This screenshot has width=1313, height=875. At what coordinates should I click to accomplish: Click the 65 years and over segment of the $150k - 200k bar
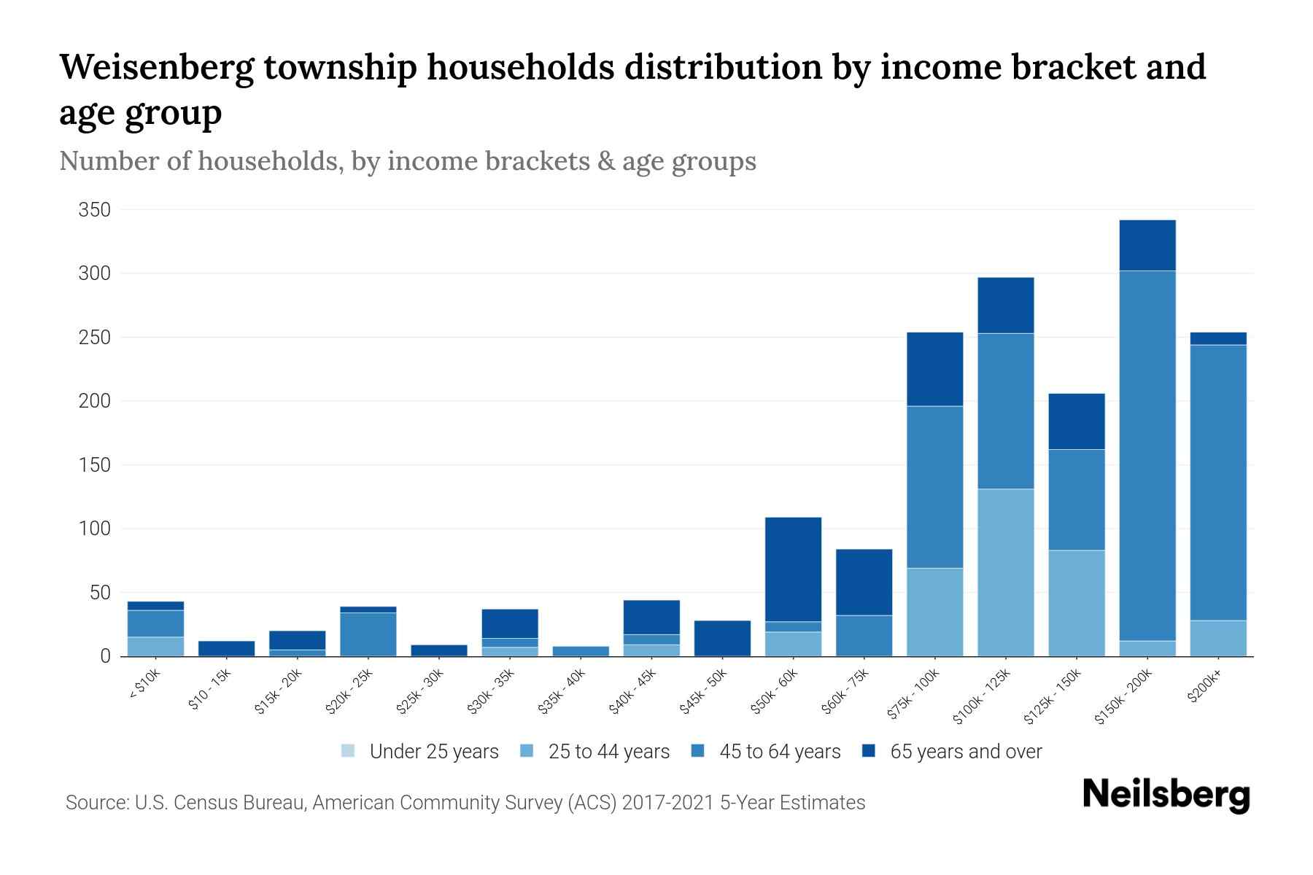(1147, 245)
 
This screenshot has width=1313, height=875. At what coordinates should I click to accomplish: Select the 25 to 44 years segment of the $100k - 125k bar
(1006, 572)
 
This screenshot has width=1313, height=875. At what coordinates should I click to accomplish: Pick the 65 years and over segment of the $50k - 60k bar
(793, 569)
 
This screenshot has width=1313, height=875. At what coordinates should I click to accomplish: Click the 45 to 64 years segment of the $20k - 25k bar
(368, 634)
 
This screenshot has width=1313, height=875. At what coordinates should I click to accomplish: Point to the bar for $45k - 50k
(722, 638)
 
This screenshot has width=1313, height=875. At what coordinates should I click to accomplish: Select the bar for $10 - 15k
(227, 648)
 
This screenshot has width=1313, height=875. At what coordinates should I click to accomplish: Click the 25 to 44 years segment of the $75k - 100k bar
(935, 612)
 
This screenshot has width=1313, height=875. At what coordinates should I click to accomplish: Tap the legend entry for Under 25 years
(420, 752)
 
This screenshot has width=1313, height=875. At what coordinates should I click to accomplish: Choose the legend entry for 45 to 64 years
(766, 752)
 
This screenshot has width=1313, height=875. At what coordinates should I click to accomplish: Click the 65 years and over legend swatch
(869, 751)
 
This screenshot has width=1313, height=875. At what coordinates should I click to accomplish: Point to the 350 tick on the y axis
(95, 211)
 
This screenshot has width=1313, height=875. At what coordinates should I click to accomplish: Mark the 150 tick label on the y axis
(95, 465)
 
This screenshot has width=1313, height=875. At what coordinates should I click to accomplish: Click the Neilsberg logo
(1166, 795)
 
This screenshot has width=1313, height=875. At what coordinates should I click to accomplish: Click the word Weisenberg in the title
(156, 67)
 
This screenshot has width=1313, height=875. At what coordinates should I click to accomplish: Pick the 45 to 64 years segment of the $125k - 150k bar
(1077, 499)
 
